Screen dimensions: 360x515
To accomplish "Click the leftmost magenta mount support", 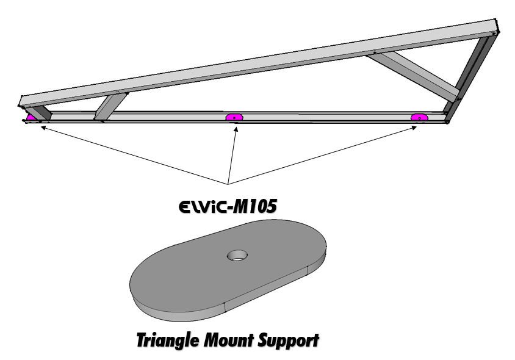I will coord(31,117).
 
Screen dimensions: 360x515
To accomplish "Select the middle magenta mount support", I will coord(234,117).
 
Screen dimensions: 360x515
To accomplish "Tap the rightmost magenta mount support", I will coord(419,117).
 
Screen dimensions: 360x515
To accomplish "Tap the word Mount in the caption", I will coord(234,339).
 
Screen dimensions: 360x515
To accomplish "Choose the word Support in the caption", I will coord(290,339).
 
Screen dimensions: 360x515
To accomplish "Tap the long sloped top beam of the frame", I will coord(256,62).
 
